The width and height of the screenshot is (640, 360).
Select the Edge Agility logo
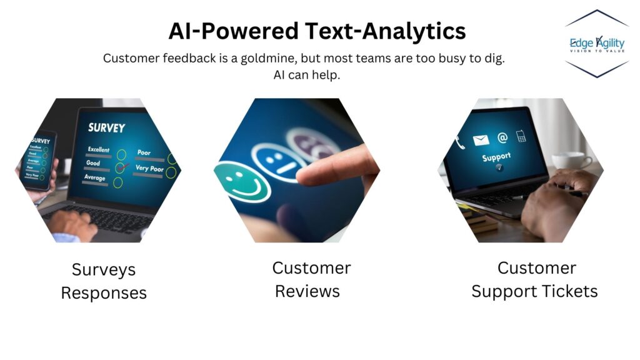click(596, 44)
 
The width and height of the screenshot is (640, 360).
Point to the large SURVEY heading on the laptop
click(106, 127)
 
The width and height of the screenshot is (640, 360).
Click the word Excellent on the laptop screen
click(99, 150)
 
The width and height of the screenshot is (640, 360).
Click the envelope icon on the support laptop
click(481, 140)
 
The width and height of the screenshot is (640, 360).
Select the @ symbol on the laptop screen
click(502, 137)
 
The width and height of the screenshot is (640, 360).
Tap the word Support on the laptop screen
click(496, 157)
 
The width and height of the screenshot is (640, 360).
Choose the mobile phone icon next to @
click(521, 135)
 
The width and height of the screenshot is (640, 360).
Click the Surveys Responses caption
click(104, 281)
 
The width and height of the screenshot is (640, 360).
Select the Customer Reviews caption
click(311, 279)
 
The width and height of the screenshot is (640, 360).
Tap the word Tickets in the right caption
click(571, 291)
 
